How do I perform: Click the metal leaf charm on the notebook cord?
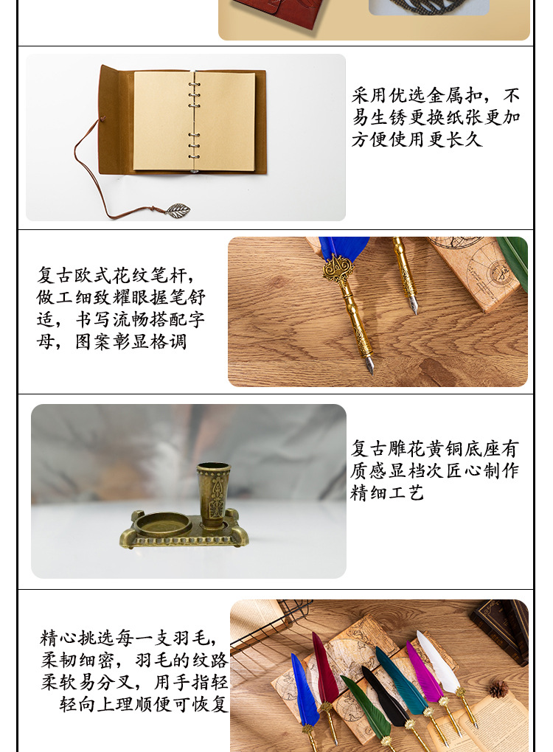178,210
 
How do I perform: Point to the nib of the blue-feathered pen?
369,364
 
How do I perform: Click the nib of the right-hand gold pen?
414,304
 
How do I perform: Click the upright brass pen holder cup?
213,494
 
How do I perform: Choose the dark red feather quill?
324,667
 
